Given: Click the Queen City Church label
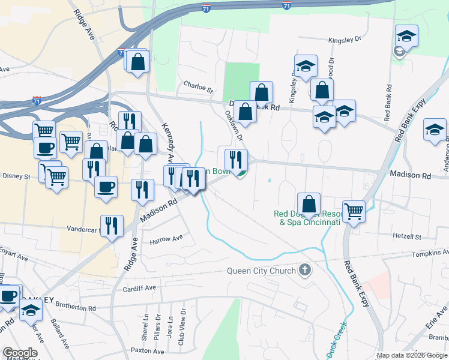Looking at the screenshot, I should pos(261,271).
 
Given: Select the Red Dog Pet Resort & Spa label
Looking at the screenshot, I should pos(307,217).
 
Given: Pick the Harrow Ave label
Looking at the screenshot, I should pos(166,238).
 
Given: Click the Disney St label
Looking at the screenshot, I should pos(18,176).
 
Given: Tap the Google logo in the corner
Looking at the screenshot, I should pos(19,353).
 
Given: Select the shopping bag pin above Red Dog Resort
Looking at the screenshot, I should pos(309,203).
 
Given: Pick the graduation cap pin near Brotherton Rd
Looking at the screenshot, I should pos(31,310).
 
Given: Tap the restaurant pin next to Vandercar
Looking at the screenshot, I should pos(112,225).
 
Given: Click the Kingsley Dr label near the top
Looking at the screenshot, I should pos(345,40).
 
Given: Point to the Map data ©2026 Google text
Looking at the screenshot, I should pos(411,355).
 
